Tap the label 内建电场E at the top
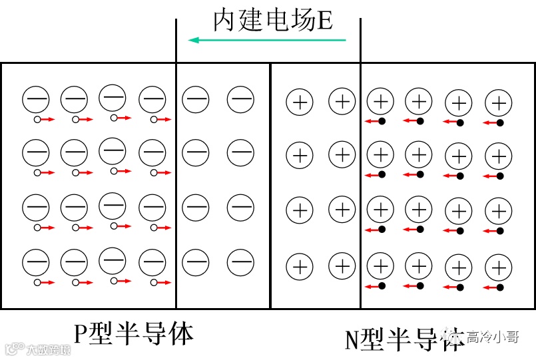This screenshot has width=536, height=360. coord(272,20)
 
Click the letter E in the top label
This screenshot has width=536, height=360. coord(324,21)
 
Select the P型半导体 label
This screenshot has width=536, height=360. coord(133,333)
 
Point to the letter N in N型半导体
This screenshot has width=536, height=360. coord(352,339)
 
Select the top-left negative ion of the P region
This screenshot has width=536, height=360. coord(35,100)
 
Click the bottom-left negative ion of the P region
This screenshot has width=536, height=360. coord(35,262)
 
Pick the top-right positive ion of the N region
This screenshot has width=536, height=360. coord(498,103)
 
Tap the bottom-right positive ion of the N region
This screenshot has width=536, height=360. coord(498,269)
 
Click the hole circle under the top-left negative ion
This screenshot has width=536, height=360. coord(37,119)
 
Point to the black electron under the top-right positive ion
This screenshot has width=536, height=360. coord(500,122)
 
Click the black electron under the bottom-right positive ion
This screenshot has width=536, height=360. coord(500,287)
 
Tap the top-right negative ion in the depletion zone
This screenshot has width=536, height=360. coord(240,100)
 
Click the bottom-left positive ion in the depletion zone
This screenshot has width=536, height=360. coord(300,268)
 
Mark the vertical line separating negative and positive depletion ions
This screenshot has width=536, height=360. coord(270,186)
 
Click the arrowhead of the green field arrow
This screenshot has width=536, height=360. coord(194,40)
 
